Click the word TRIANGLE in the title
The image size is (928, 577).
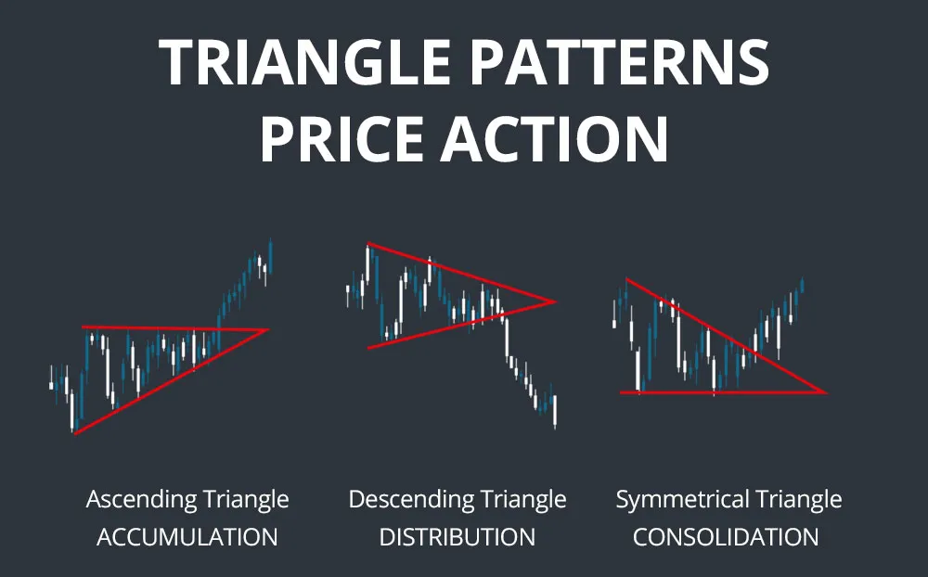click(305, 62)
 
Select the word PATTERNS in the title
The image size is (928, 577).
click(619, 62)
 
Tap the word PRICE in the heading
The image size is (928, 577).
click(342, 139)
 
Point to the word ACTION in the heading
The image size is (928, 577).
click(555, 139)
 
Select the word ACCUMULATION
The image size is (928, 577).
click(187, 537)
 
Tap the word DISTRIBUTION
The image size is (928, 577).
click(457, 537)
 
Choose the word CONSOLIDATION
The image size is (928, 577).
click(726, 537)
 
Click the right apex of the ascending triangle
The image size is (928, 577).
click(267, 330)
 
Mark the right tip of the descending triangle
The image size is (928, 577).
click(555, 301)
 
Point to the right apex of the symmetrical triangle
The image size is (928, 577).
click(826, 392)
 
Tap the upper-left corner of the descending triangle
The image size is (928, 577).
click(367, 243)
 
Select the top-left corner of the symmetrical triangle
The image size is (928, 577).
click(626, 278)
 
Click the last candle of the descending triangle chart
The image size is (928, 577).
click(555, 411)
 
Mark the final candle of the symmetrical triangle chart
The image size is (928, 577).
click(803, 285)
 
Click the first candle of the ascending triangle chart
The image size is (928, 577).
click(51, 381)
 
